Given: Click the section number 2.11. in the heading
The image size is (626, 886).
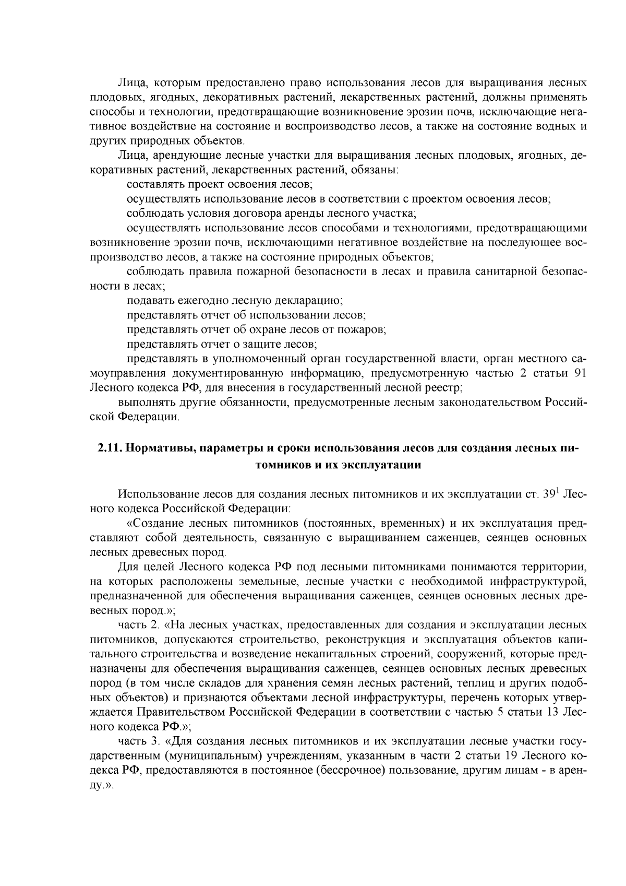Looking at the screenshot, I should coord(109,448).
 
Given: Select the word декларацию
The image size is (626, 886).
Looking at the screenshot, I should coord(312,301).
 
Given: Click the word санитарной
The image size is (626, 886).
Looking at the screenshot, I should coord(496,271).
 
